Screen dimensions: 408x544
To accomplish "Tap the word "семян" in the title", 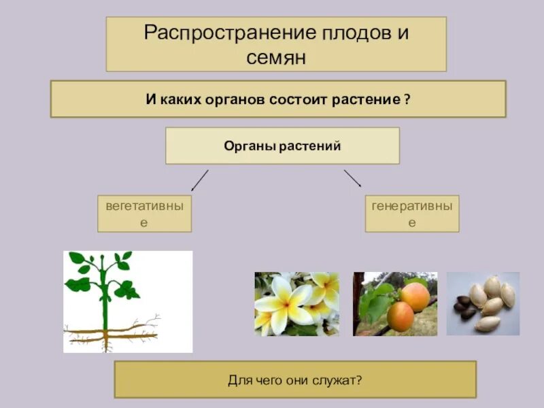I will coord(276,58).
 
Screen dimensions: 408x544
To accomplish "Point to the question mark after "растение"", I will coord(407,99).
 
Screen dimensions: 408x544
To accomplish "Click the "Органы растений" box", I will coord(282,146).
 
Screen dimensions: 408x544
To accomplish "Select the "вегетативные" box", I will coord(143,214).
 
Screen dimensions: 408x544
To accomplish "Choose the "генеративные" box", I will coord(412,214).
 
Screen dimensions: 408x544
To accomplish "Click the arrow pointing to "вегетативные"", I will coord(199,180).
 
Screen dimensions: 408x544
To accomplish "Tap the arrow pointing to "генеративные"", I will coord(352,178).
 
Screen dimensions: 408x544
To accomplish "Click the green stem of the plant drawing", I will coord(103,299).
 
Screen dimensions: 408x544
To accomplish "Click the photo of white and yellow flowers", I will coord(296,304).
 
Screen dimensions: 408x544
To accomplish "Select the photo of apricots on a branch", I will coord(395,304).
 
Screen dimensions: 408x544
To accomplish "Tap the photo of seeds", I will coord(483,303).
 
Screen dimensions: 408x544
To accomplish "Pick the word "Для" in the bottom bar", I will coord(237,379).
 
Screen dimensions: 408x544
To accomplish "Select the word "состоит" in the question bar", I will coord(299,99).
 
